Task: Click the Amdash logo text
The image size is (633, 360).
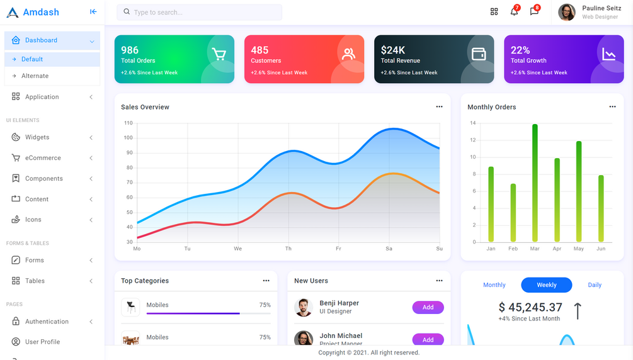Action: point(41,12)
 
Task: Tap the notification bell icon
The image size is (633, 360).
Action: point(514,11)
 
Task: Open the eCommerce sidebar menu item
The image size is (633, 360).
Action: point(43,158)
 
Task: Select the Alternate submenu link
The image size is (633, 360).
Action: point(35,76)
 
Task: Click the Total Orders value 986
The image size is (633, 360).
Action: point(130,50)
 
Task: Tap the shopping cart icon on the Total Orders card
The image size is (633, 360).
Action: point(219,55)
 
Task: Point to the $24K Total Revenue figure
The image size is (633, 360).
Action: point(393,50)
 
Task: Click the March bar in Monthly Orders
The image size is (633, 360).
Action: point(535,183)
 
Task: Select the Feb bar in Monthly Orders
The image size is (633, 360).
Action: point(513,212)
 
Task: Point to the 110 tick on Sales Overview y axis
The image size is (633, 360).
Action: point(128,123)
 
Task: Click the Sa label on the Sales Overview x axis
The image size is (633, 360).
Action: point(389,249)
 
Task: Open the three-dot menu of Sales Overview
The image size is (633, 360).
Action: point(439,107)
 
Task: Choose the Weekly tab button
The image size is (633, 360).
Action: point(546,285)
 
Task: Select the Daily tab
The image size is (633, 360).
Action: point(595,285)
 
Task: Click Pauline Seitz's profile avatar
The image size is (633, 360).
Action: point(566,12)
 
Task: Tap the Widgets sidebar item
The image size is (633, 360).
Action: point(37,137)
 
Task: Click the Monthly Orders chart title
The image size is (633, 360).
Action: point(491,107)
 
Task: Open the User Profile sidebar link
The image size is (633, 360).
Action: point(42,342)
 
